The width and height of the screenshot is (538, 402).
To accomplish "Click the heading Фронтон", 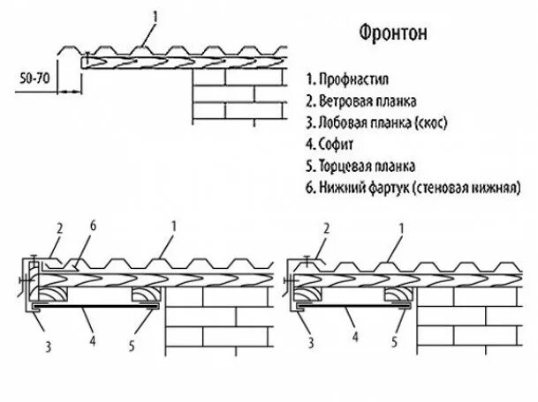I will [x=395, y=33].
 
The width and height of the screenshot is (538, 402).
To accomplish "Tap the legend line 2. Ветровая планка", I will [x=362, y=100].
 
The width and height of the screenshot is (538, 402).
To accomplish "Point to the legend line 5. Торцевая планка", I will [x=360, y=165].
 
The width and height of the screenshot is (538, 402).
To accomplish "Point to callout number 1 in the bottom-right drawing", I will [x=403, y=227].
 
